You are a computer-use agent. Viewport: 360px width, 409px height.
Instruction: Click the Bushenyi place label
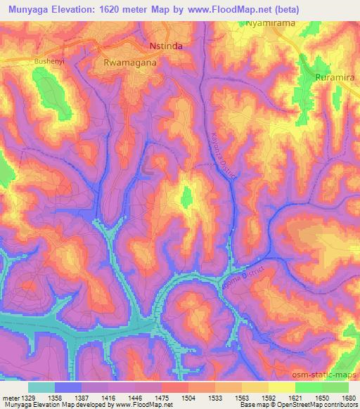tap(49, 62)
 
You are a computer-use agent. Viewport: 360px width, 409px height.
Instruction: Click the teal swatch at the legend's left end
tap(41, 387)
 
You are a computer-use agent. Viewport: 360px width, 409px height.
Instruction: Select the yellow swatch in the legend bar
tap(281, 387)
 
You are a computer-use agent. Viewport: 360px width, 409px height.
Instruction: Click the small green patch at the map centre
tap(186, 197)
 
